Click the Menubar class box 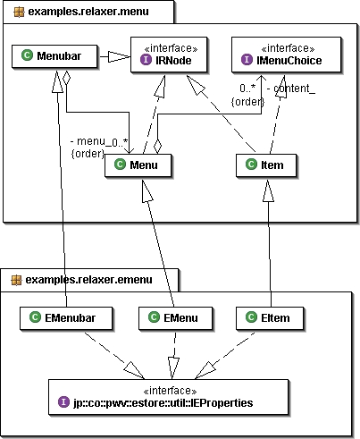[x=54, y=56]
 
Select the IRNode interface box [x=169, y=55]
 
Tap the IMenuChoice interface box [x=286, y=55]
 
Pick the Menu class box [x=138, y=165]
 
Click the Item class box [x=266, y=165]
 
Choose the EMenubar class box [x=66, y=318]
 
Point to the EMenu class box [x=176, y=318]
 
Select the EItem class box [x=270, y=318]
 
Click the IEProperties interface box [x=169, y=397]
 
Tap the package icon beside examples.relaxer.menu [x=19, y=13]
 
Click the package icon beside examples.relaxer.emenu [x=16, y=280]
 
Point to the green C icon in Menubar [x=27, y=55]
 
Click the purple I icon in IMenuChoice [x=247, y=60]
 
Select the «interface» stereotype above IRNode [x=171, y=48]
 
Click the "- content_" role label [x=291, y=89]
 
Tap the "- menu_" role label [x=88, y=141]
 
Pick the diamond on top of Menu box [x=157, y=147]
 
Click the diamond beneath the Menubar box [x=66, y=78]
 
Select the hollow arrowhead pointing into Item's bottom [x=268, y=190]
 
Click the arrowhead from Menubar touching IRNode [x=119, y=56]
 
